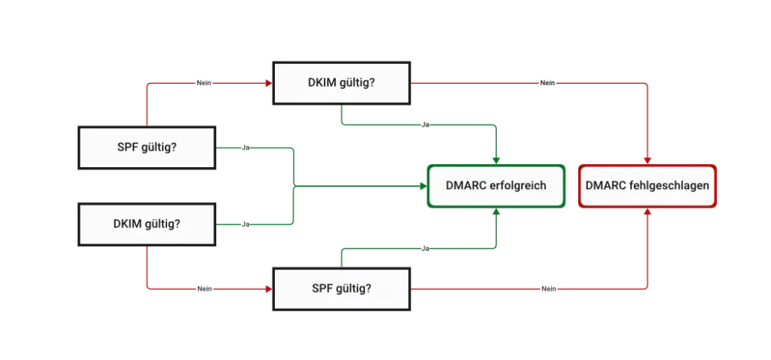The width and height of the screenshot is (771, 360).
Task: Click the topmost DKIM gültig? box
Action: coord(342,83)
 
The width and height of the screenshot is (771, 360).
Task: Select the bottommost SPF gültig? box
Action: coord(342,288)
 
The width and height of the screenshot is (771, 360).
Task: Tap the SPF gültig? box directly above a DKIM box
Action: coord(148,147)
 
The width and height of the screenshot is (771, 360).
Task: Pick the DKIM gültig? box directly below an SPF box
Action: coord(148,224)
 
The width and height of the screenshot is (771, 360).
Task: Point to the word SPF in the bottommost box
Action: coord(323,288)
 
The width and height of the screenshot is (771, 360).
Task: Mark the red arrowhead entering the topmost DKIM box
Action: coord(269,83)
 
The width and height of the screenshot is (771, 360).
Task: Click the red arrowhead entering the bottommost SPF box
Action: coord(269,288)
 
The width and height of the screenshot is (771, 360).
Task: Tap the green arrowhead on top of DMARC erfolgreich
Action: coord(496,160)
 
